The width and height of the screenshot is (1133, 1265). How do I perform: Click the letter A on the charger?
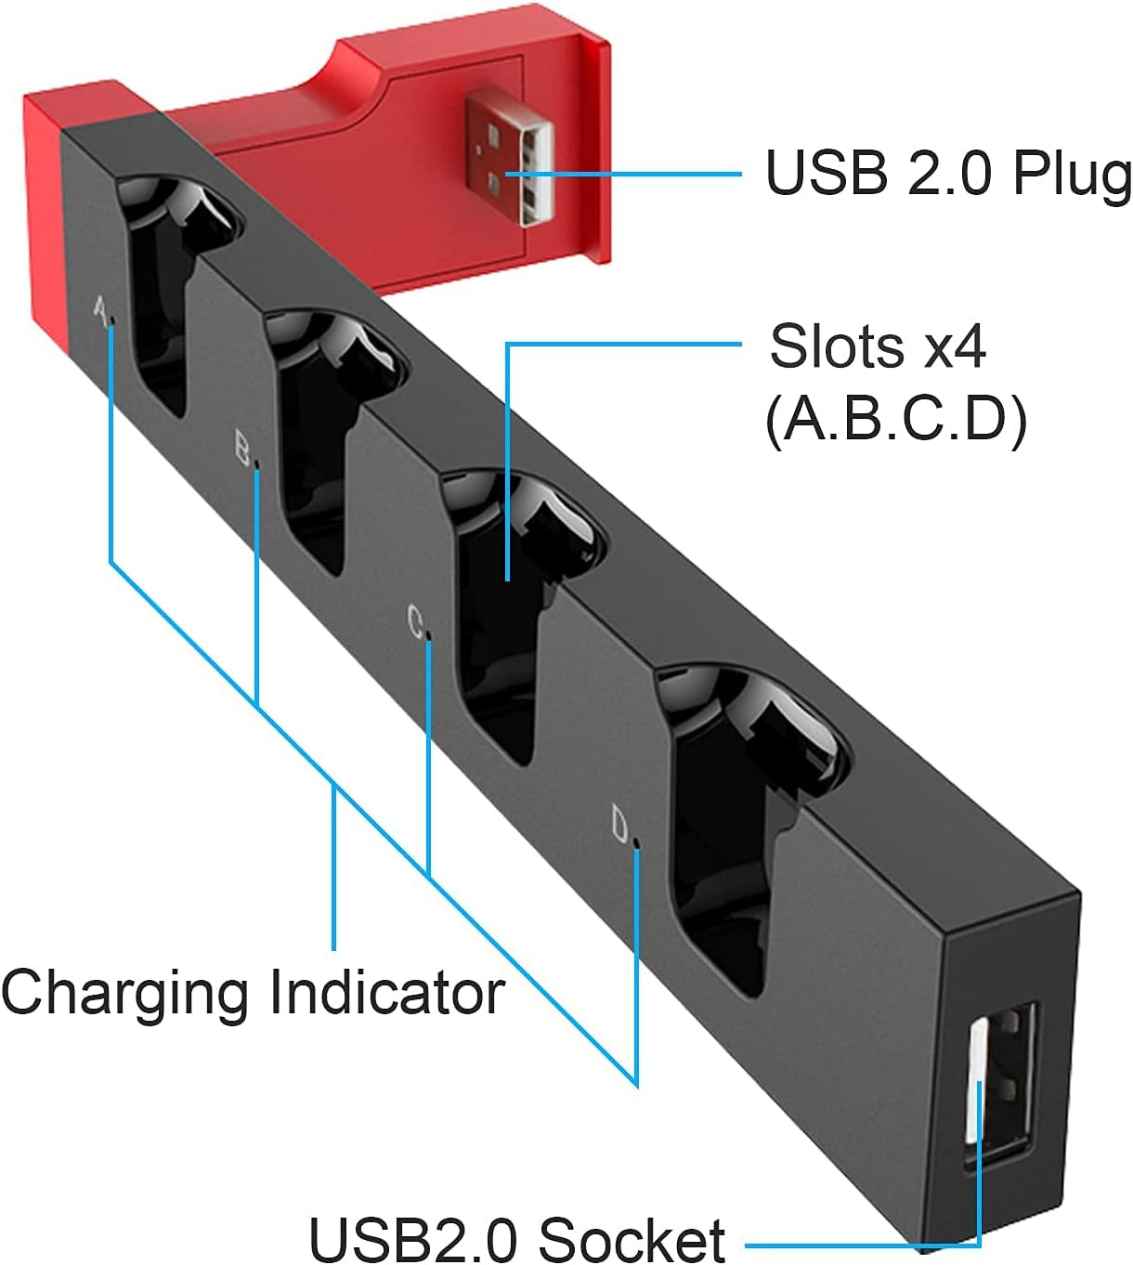click(x=99, y=310)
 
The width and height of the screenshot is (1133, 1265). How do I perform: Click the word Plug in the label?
click(x=1072, y=175)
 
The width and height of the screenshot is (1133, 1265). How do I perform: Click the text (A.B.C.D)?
click(x=896, y=419)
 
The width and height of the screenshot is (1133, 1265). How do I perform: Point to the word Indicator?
click(x=386, y=992)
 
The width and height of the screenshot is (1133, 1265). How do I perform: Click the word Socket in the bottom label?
click(x=632, y=1239)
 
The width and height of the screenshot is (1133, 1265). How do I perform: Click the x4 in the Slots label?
click(x=954, y=346)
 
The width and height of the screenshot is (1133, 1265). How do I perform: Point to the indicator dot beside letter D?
click(x=636, y=844)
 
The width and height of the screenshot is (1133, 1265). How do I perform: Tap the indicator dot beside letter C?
click(x=428, y=638)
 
